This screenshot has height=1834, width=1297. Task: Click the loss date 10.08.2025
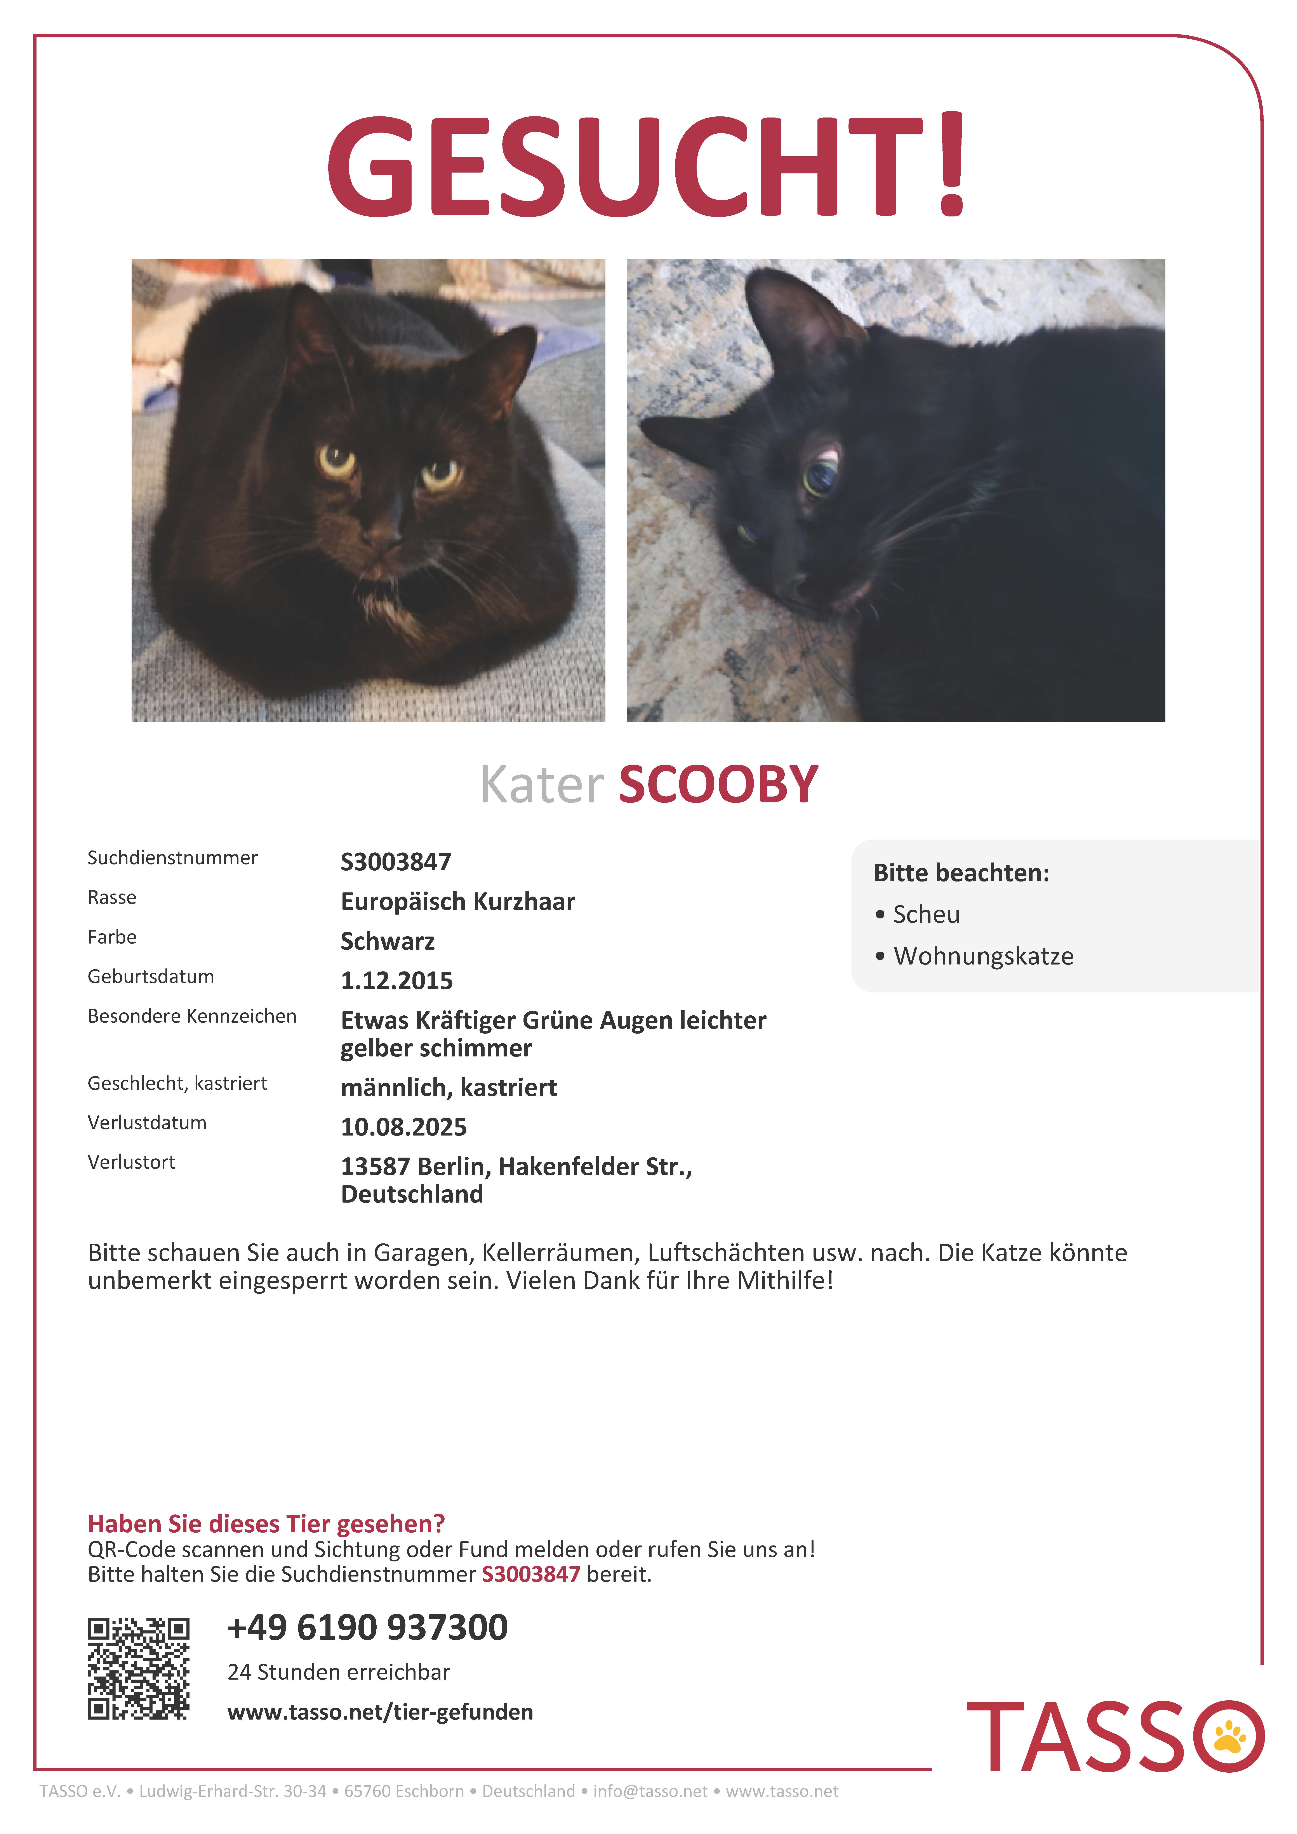[x=403, y=1127]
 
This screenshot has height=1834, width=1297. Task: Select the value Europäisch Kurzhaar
[x=457, y=902]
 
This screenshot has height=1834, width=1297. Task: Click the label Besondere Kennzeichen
[x=192, y=1016]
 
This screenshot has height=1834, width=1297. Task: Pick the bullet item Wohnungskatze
[x=983, y=956]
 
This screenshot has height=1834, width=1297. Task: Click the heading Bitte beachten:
[x=961, y=873]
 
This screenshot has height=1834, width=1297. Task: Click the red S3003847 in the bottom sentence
[x=531, y=1574]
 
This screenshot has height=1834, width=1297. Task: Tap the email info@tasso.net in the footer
[x=650, y=1792]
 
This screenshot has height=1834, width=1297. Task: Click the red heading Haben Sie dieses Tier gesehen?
[x=266, y=1524]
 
